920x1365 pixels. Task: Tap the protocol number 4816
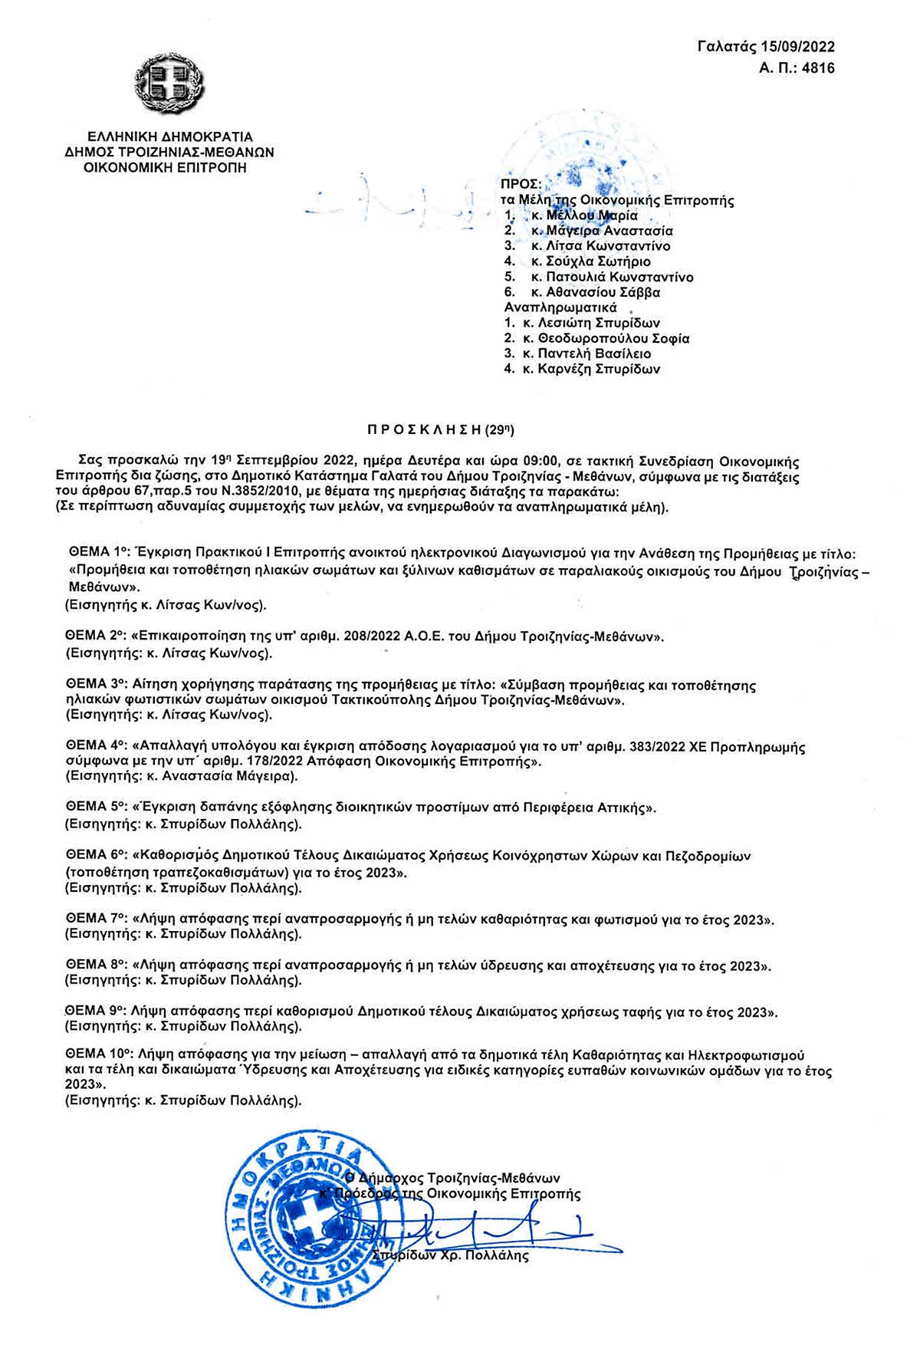[x=818, y=68]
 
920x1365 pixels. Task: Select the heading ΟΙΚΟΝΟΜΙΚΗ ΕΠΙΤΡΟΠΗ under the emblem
[x=165, y=167]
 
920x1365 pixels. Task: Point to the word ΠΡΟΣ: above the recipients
[x=521, y=185]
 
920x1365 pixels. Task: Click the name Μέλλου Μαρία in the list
[x=591, y=215]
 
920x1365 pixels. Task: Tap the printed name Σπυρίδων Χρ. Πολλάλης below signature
[x=450, y=1256]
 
